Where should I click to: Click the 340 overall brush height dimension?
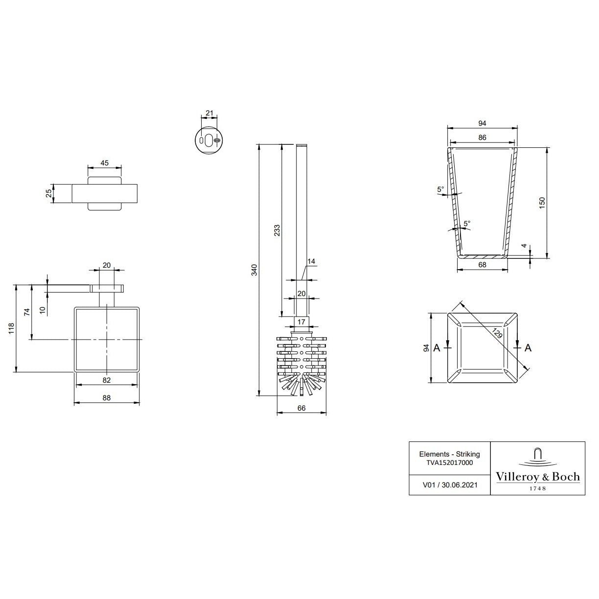pyautogui.click(x=254, y=270)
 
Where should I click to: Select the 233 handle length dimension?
pyautogui.click(x=277, y=230)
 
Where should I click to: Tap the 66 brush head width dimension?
pyautogui.click(x=301, y=408)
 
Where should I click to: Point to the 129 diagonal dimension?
pyautogui.click(x=497, y=334)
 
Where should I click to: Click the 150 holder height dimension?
pyautogui.click(x=542, y=203)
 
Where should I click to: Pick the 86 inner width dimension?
pyautogui.click(x=482, y=138)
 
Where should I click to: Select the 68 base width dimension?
pyautogui.click(x=482, y=265)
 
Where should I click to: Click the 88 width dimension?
pyautogui.click(x=107, y=398)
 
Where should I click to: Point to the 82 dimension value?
pyautogui.click(x=107, y=380)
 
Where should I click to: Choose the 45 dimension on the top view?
pyautogui.click(x=104, y=163)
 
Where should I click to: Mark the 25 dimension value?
pyautogui.click(x=48, y=193)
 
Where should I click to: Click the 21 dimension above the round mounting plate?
pyautogui.click(x=209, y=113)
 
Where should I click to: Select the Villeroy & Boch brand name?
pyautogui.click(x=537, y=477)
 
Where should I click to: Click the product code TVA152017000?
pyautogui.click(x=449, y=462)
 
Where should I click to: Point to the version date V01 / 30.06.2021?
pyautogui.click(x=449, y=485)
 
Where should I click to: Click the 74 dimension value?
pyautogui.click(x=27, y=312)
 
